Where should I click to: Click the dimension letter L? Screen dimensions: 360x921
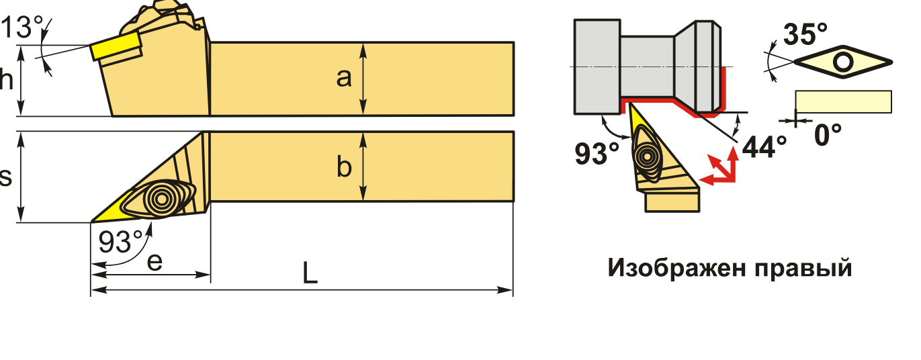pyautogui.click(x=309, y=272)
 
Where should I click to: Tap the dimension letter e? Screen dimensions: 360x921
pyautogui.click(x=155, y=262)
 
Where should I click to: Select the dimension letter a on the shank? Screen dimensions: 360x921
pyautogui.click(x=344, y=79)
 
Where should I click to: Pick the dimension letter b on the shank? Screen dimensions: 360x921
pyautogui.click(x=344, y=168)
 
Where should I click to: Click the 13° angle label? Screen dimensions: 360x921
pyautogui.click(x=21, y=29)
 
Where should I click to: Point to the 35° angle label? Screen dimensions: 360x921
pyautogui.click(x=805, y=34)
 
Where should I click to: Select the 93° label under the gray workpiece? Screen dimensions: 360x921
pyautogui.click(x=597, y=154)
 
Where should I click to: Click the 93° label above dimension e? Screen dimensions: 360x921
pyautogui.click(x=121, y=240)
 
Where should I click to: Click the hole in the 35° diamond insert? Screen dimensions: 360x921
pyautogui.click(x=842, y=62)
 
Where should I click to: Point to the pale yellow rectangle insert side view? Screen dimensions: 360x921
pyautogui.click(x=843, y=101)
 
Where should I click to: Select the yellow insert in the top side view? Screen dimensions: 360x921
pyautogui.click(x=116, y=48)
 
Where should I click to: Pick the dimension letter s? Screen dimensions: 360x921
pyautogui.click(x=6, y=177)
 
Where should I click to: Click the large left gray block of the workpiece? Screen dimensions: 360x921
pyautogui.click(x=597, y=66)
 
